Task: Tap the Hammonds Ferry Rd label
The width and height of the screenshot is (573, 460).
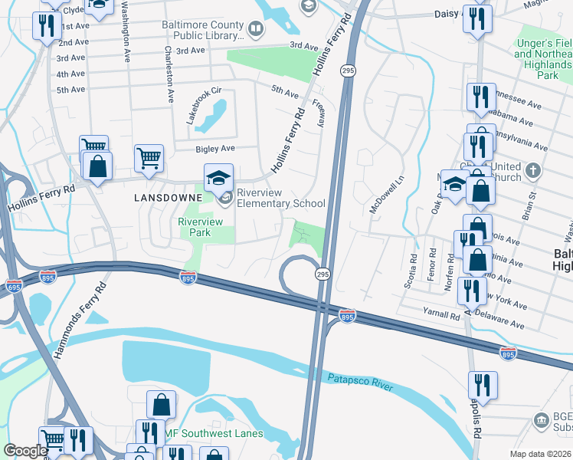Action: tap(79, 320)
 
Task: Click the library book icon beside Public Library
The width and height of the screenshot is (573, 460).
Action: tap(256, 30)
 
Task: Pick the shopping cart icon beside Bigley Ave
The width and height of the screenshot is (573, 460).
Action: tap(149, 158)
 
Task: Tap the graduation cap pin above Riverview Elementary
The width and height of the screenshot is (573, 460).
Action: tap(218, 177)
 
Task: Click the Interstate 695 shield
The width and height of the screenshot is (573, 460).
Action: tap(14, 286)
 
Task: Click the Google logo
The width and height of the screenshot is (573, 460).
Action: tap(25, 451)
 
